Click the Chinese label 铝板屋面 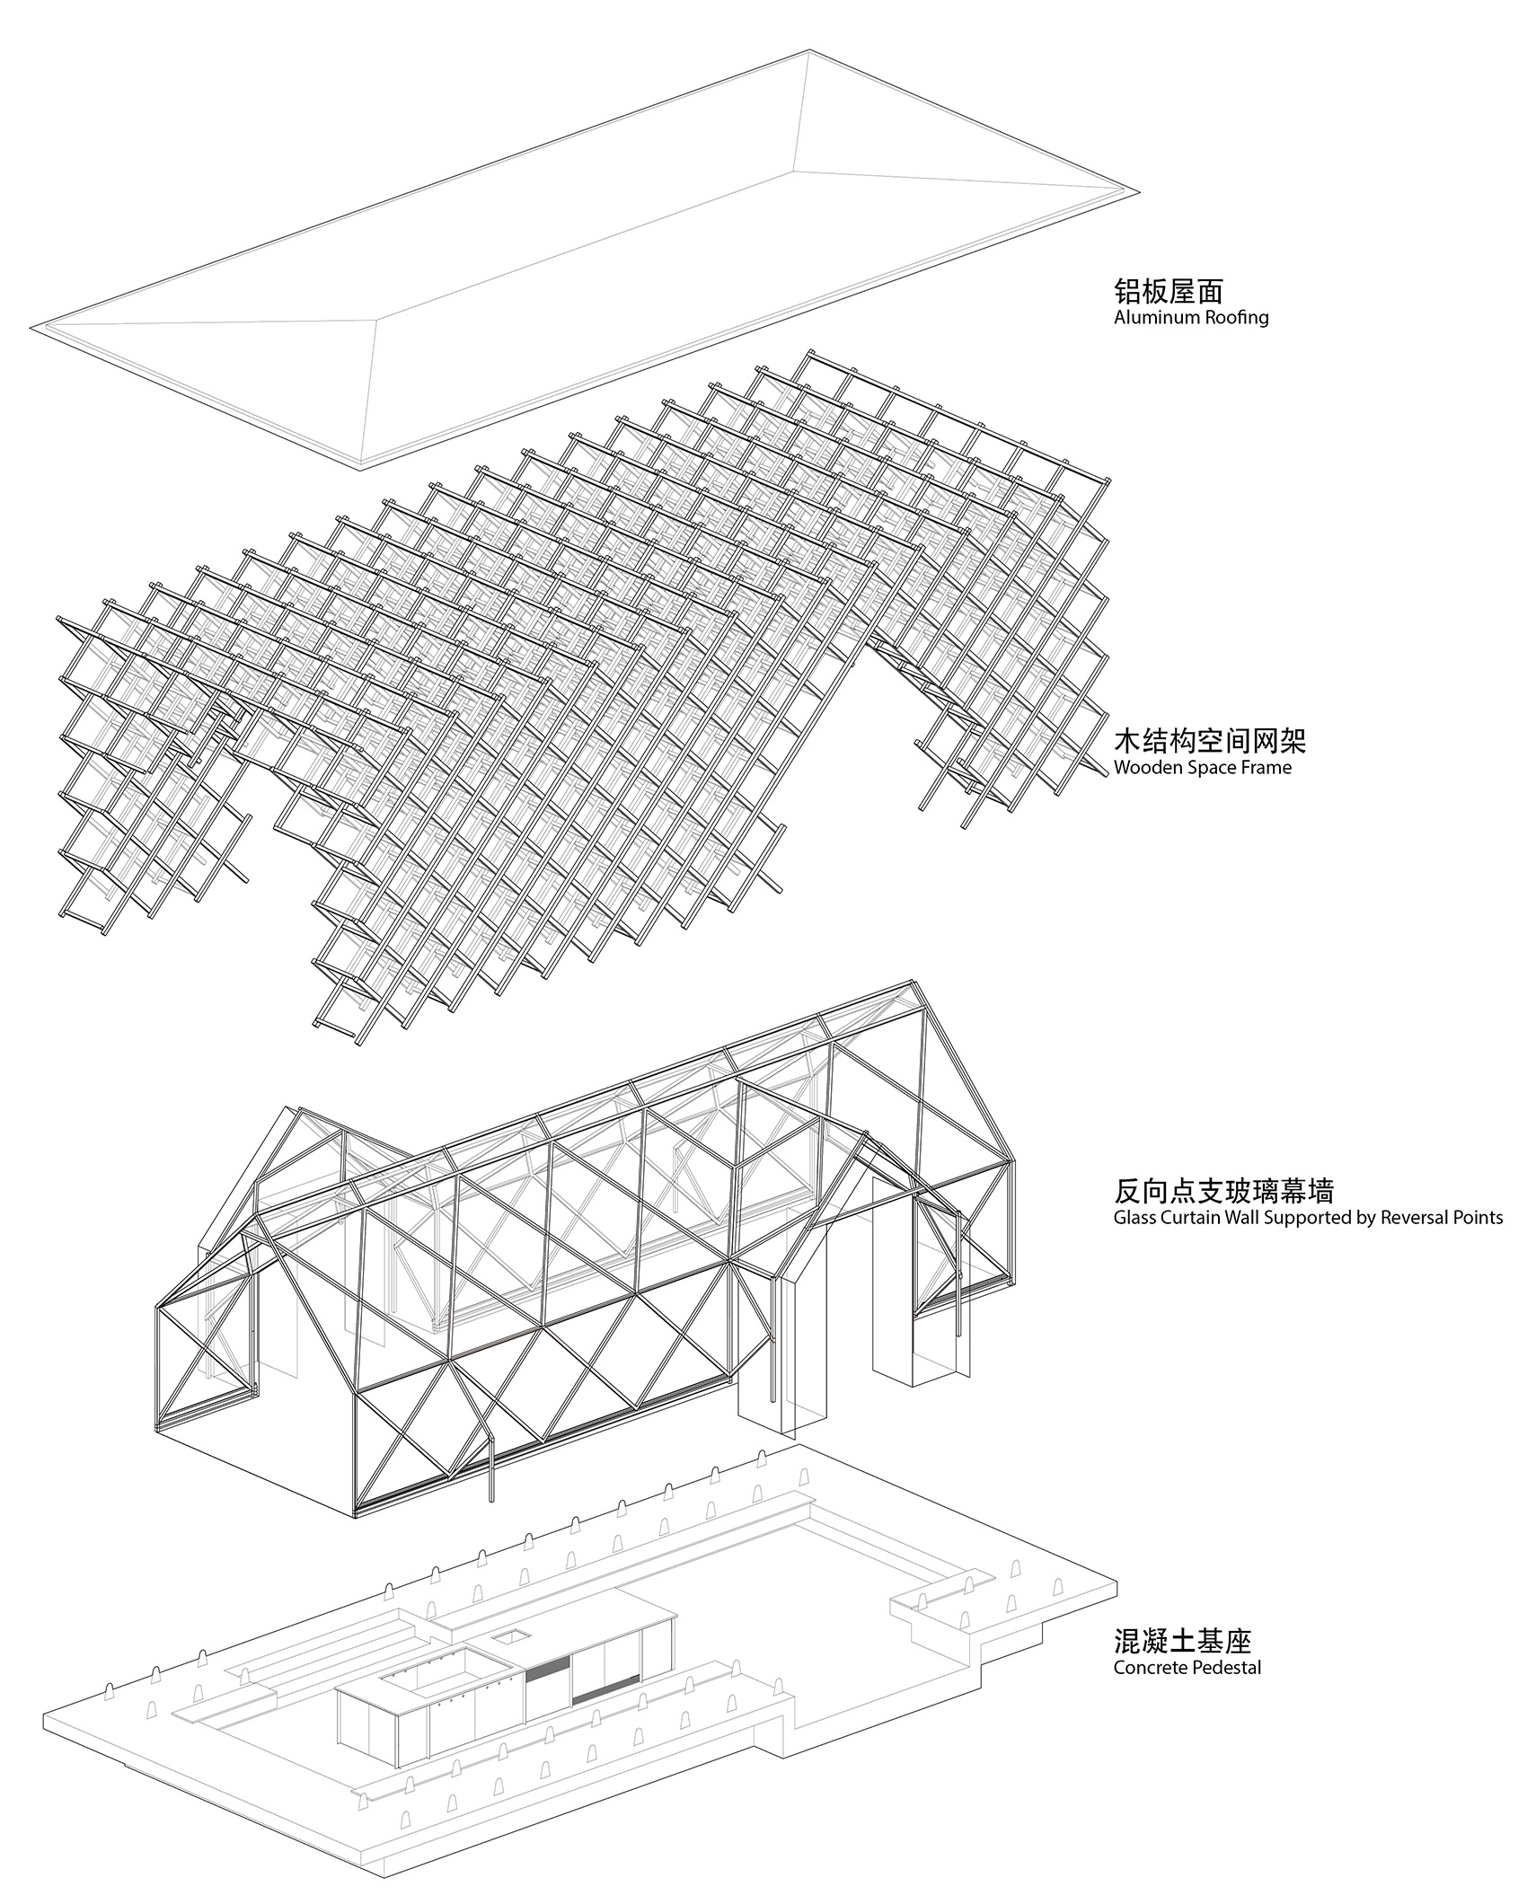[x=1168, y=291]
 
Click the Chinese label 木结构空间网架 [x=1209, y=741]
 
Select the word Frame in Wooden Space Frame [x=1267, y=768]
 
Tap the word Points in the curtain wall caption [x=1478, y=1219]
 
